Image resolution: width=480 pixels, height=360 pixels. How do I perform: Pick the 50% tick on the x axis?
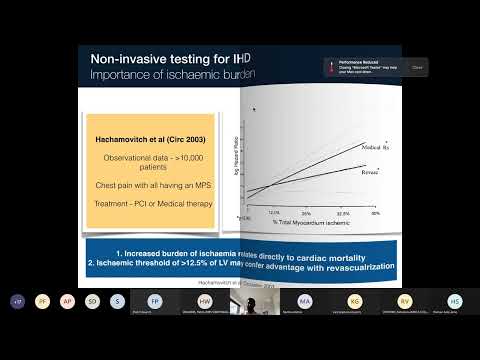click(376, 213)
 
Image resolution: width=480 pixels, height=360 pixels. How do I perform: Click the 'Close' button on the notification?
click(417, 68)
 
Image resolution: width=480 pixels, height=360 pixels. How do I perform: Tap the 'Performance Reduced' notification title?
click(360, 62)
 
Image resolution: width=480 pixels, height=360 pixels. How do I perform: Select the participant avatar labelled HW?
click(204, 300)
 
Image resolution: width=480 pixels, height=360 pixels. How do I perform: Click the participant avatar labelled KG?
click(354, 300)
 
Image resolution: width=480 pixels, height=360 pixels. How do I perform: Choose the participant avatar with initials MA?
click(304, 300)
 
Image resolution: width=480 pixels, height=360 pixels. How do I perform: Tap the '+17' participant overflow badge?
click(17, 300)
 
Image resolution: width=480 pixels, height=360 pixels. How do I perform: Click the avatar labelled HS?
click(454, 300)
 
